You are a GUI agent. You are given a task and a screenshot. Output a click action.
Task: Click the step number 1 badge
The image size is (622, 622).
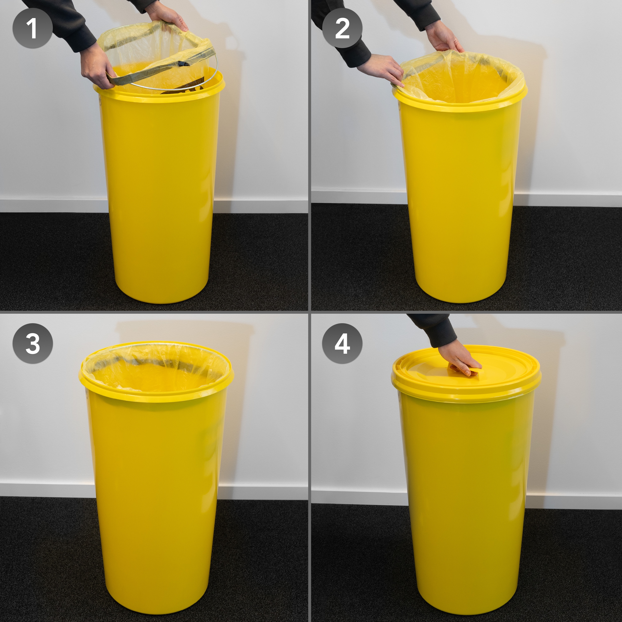(33, 29)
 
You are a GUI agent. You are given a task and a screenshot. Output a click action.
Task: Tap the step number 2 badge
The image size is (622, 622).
(342, 29)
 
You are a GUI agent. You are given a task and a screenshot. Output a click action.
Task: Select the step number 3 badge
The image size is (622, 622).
(33, 344)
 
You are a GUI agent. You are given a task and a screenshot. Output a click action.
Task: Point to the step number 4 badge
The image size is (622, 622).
(342, 344)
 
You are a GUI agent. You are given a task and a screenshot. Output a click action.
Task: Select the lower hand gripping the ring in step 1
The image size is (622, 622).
(95, 68)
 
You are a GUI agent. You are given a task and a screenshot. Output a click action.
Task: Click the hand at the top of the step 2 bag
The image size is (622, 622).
(446, 40)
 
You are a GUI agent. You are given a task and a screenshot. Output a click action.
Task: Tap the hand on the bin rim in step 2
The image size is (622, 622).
(383, 69)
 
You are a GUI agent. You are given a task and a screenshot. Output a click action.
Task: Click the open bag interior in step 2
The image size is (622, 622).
(460, 80)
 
